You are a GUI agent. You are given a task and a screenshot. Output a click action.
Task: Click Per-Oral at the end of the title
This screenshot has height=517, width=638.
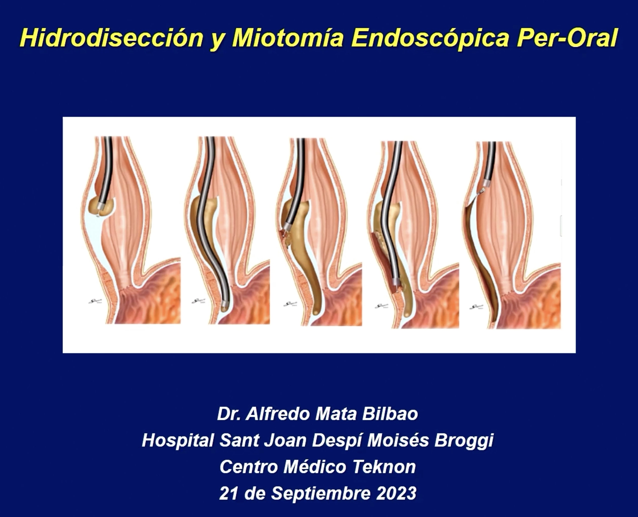[x=567, y=38]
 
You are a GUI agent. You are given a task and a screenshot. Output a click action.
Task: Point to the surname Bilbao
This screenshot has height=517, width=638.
[x=390, y=414]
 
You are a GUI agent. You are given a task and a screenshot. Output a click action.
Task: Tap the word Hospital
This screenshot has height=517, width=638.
[x=178, y=440]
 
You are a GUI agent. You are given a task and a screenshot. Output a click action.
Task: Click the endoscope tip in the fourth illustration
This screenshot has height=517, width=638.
[x=396, y=282]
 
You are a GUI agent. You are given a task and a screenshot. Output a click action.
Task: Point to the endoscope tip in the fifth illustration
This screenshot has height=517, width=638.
[x=487, y=182]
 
